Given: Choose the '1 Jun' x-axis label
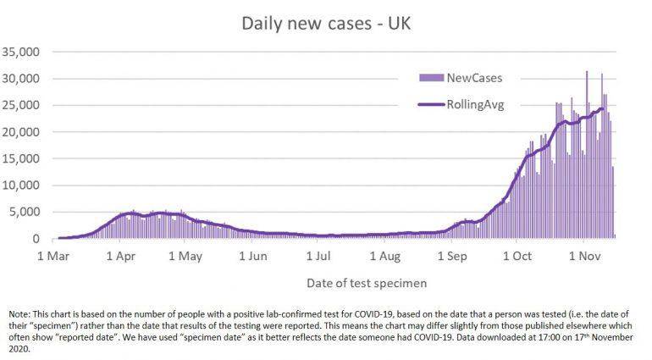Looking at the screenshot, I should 252,255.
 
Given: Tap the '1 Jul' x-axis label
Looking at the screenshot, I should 318,255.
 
